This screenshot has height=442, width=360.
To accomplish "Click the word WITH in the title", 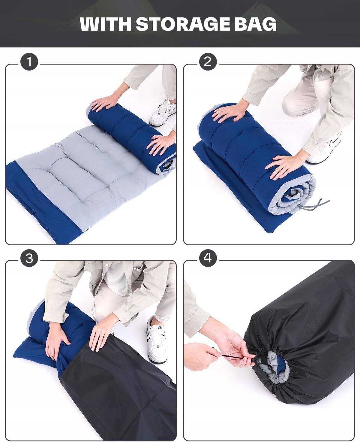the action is pyautogui.click(x=106, y=24).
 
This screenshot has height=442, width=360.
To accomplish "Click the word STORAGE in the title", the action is pyautogui.click(x=183, y=24).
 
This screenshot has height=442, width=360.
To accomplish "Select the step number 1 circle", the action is pyautogui.click(x=29, y=62).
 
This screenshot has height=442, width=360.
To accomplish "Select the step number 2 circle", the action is pyautogui.click(x=208, y=62).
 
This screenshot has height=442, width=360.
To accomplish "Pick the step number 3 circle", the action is pyautogui.click(x=29, y=258).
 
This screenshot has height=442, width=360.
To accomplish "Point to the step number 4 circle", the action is pyautogui.click(x=208, y=258).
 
